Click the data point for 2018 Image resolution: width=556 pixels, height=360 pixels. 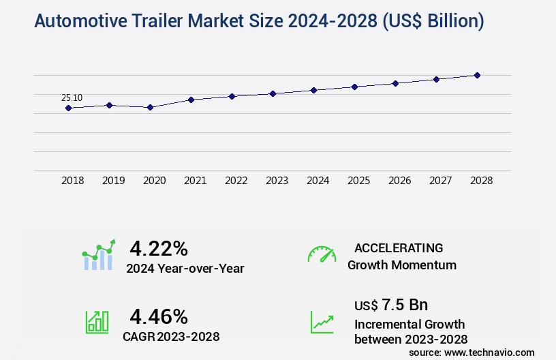(x=68, y=108)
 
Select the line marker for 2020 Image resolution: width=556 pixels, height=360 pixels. (x=150, y=107)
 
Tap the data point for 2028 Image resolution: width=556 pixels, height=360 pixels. (x=477, y=75)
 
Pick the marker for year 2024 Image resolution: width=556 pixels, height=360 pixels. (x=313, y=90)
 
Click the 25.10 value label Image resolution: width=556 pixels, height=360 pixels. (x=72, y=97)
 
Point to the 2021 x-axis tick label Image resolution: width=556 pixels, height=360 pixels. (x=195, y=181)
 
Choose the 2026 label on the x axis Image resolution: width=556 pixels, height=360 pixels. (x=399, y=181)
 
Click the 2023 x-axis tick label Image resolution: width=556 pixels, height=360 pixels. (x=277, y=181)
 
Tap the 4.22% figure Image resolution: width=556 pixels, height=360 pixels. (x=159, y=248)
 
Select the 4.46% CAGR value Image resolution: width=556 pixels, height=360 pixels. (x=159, y=316)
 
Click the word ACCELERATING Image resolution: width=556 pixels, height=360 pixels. (x=399, y=247)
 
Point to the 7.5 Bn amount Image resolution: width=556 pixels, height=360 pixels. (x=405, y=304)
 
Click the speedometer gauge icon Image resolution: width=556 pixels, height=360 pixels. (x=322, y=254)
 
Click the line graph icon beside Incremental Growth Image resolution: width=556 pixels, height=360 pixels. (x=322, y=322)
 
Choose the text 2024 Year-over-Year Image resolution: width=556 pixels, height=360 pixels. (x=185, y=269)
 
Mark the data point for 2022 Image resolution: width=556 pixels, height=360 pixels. (x=232, y=96)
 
